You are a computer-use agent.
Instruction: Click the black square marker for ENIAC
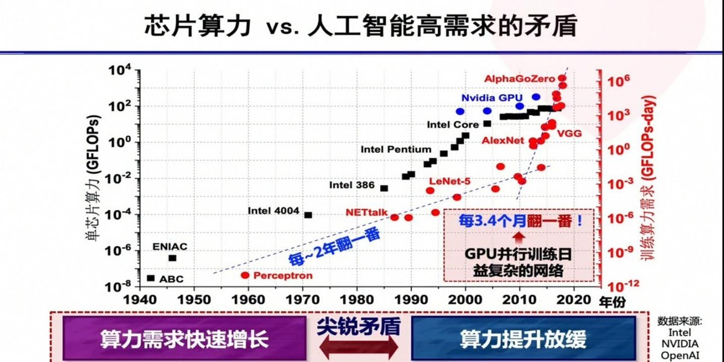pos(172,258)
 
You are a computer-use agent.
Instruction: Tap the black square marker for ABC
pos(151,278)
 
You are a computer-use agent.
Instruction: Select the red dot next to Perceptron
pos(245,275)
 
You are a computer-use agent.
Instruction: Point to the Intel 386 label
pos(352,185)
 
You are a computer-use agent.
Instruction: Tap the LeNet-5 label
pos(449,180)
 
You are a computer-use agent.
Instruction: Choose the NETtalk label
pos(367,212)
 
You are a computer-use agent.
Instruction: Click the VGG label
pos(569,133)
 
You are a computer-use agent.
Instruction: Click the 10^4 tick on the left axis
pos(121,71)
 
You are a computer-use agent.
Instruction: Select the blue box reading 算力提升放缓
pos(522,338)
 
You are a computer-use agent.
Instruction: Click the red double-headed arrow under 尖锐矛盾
pos(358,346)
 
